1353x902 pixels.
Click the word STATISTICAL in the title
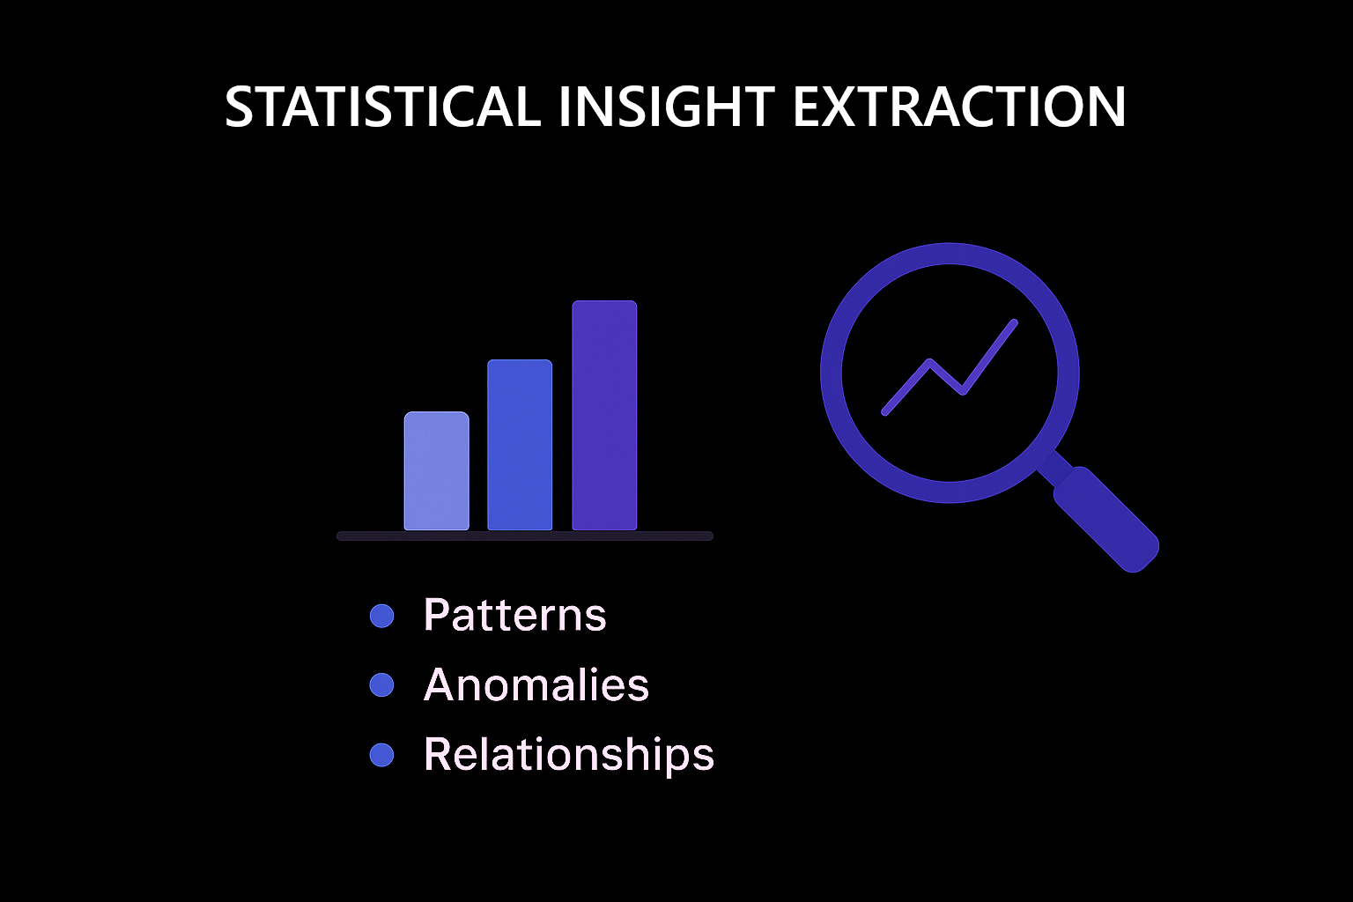(383, 107)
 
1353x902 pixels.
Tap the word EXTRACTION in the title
(959, 107)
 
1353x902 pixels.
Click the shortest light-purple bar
(436, 470)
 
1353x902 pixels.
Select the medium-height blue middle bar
(520, 445)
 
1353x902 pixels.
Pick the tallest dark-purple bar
(604, 415)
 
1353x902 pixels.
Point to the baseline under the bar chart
(525, 536)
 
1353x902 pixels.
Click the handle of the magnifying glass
(1106, 519)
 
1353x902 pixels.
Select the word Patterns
(514, 615)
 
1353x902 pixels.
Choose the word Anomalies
(536, 684)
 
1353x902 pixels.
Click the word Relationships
(568, 754)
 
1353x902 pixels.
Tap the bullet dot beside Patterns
(381, 617)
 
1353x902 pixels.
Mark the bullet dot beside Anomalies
(381, 685)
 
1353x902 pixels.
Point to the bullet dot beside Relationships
(381, 755)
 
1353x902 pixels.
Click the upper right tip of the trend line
(1015, 322)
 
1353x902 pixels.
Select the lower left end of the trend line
(885, 412)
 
